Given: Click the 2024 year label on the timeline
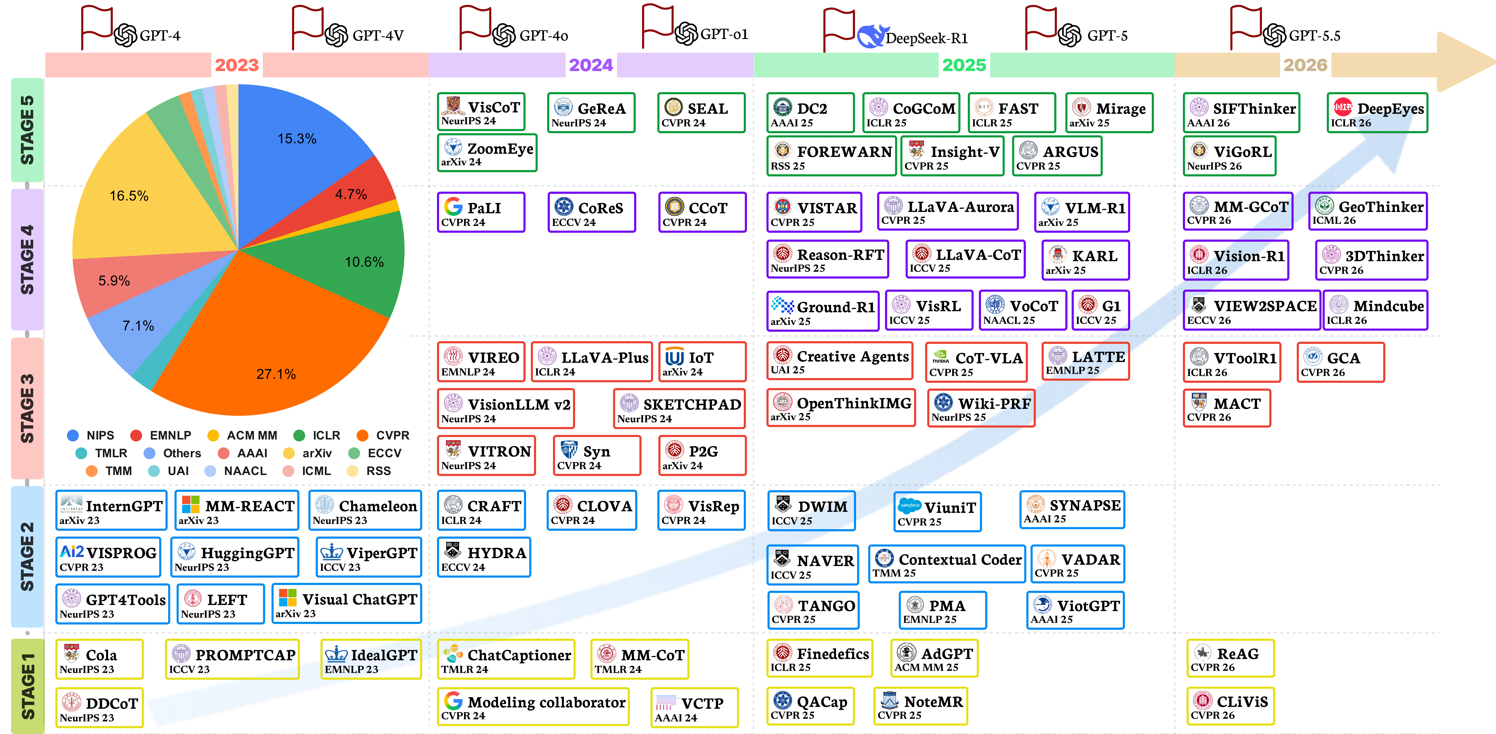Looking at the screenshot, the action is click(x=591, y=65).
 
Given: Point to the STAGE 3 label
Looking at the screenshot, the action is click(x=27, y=408).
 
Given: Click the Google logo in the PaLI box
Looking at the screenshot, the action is click(x=453, y=207).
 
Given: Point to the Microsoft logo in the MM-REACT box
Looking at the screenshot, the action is click(x=190, y=505).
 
